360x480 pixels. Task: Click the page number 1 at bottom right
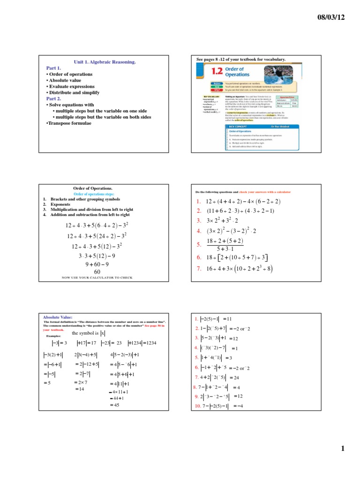click(343, 449)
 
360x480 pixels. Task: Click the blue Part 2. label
click(53, 99)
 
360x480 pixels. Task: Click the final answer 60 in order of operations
click(97, 271)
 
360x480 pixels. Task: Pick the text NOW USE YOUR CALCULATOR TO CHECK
click(97, 277)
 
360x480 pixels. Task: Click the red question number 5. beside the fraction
click(199, 244)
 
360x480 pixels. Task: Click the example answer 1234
click(148, 343)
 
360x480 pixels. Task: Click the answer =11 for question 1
click(234, 319)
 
